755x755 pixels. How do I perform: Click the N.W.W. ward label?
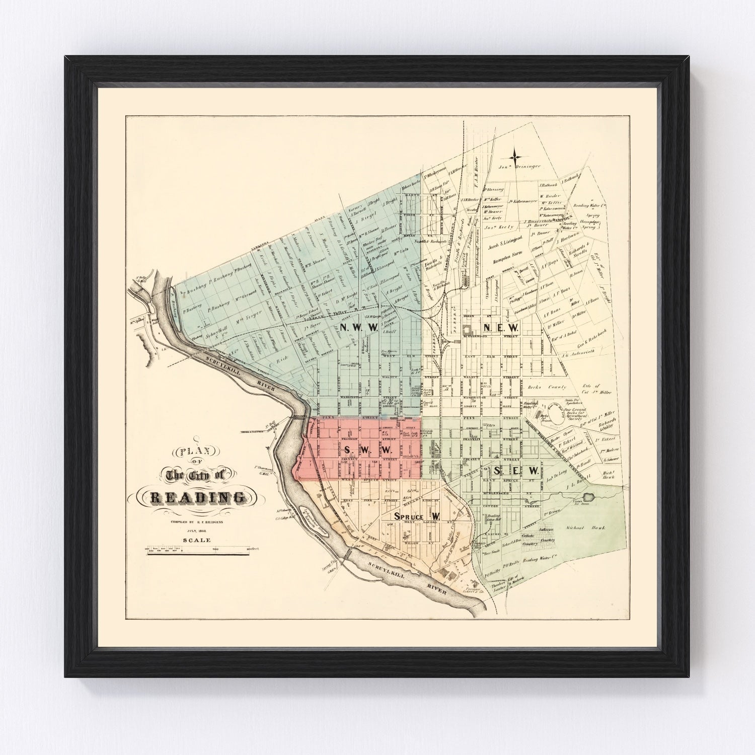[x=359, y=328]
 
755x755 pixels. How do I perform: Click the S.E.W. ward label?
[x=516, y=471]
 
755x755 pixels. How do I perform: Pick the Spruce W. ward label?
[x=417, y=517]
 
